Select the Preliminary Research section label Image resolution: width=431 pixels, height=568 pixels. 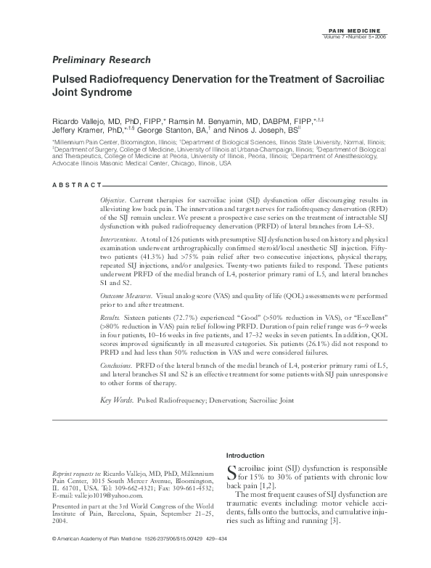102,59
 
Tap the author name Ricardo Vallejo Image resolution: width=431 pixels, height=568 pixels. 78,119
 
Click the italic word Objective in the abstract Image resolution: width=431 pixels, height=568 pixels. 114,199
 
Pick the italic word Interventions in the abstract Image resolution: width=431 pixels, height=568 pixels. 119,237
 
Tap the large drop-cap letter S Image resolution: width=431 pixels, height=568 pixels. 232,473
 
